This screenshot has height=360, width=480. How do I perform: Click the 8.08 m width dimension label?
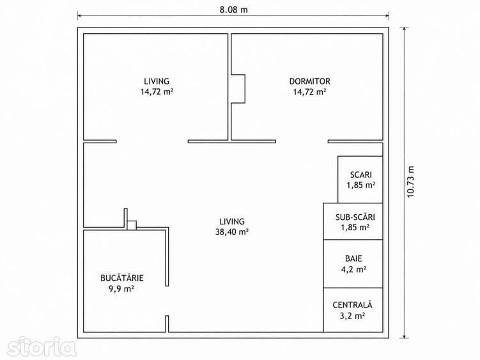tap(233, 10)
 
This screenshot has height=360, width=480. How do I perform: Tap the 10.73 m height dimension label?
tap(410, 182)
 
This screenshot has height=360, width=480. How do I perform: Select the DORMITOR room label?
tap(310, 81)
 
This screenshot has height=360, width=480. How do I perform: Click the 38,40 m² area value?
tap(232, 232)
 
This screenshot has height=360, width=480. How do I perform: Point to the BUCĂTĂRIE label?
tap(122, 278)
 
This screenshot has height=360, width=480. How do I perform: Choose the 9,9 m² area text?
tap(121, 288)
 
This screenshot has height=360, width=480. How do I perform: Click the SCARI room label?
tap(361, 175)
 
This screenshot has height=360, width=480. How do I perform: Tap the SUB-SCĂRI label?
tap(355, 217)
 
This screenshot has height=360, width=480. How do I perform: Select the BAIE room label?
tap(353, 258)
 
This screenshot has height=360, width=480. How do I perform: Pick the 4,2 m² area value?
tap(353, 269)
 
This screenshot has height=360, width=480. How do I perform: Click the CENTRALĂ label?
tap(352, 305)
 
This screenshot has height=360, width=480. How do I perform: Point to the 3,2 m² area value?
tap(352, 316)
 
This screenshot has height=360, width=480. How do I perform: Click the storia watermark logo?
tap(42, 347)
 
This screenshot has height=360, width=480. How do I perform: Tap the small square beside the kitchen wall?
tap(132, 225)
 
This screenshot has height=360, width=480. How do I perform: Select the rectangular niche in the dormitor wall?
tap(238, 88)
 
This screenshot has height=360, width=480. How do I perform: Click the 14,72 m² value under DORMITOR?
tap(309, 92)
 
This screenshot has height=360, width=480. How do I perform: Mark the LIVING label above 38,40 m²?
tap(232, 221)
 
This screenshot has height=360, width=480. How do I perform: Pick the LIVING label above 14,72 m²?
tap(157, 81)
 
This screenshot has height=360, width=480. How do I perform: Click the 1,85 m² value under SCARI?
tap(361, 185)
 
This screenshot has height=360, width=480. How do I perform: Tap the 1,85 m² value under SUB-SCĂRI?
tap(355, 228)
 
